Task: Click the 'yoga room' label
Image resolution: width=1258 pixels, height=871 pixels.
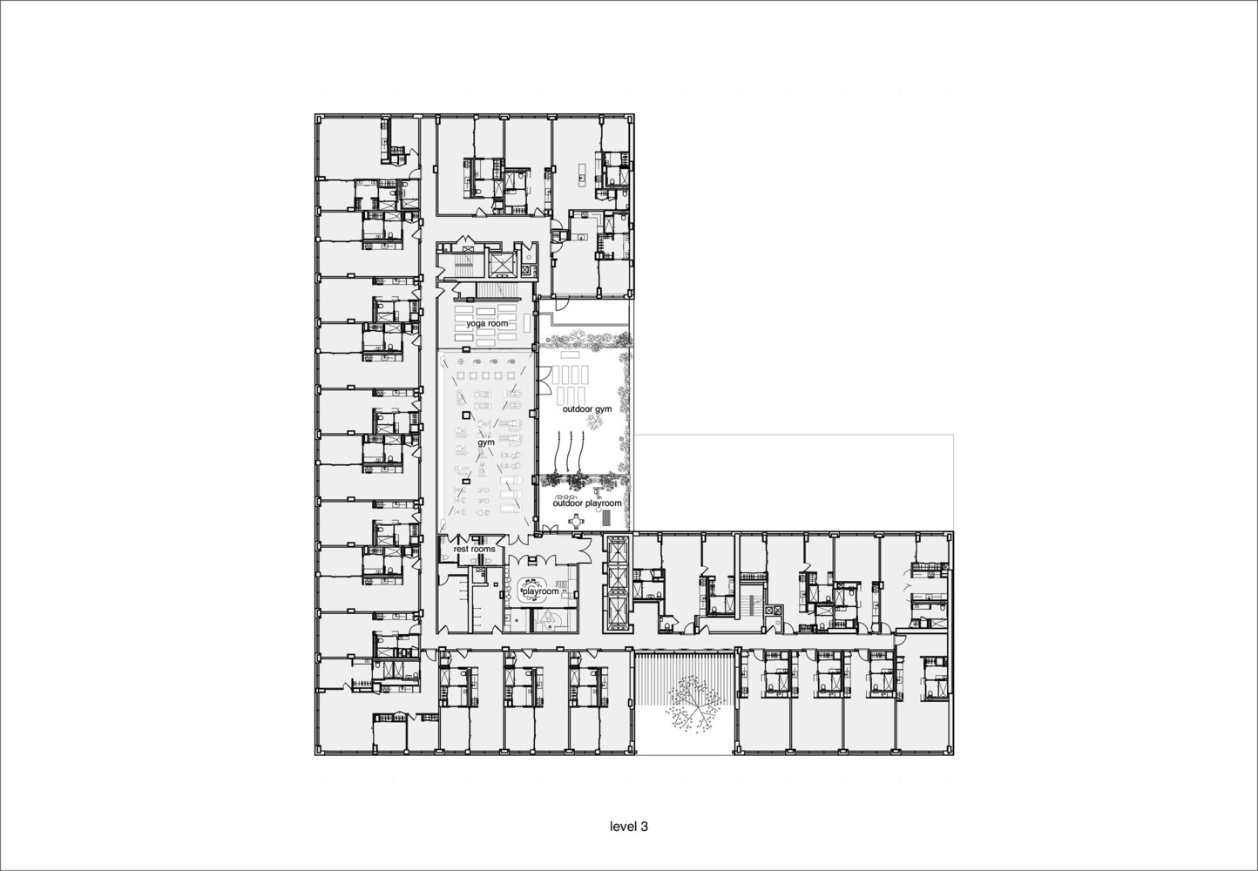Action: pyautogui.click(x=487, y=323)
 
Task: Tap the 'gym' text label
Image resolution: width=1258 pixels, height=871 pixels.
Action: pyautogui.click(x=486, y=442)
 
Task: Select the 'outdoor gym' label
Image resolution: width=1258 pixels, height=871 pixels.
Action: pyautogui.click(x=587, y=408)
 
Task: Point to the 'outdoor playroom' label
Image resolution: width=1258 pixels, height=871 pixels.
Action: pyautogui.click(x=587, y=503)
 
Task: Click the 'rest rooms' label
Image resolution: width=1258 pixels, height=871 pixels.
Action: pyautogui.click(x=475, y=549)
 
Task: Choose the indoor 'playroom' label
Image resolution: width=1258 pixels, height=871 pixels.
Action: pyautogui.click(x=540, y=591)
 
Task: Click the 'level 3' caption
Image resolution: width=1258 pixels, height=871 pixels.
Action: pyautogui.click(x=629, y=827)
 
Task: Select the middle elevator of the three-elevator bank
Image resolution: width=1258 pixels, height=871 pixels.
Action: pyautogui.click(x=617, y=581)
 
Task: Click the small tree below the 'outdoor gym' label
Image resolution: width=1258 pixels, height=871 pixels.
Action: pyautogui.click(x=593, y=423)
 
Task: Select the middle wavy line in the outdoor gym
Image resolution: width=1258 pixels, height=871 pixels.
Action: pyautogui.click(x=572, y=449)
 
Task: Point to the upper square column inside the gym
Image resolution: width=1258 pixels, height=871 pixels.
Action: pyautogui.click(x=465, y=415)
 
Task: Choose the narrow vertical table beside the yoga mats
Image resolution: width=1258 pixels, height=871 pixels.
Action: pyautogui.click(x=527, y=323)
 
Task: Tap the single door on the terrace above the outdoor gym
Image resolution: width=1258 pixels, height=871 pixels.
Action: pyautogui.click(x=560, y=306)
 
